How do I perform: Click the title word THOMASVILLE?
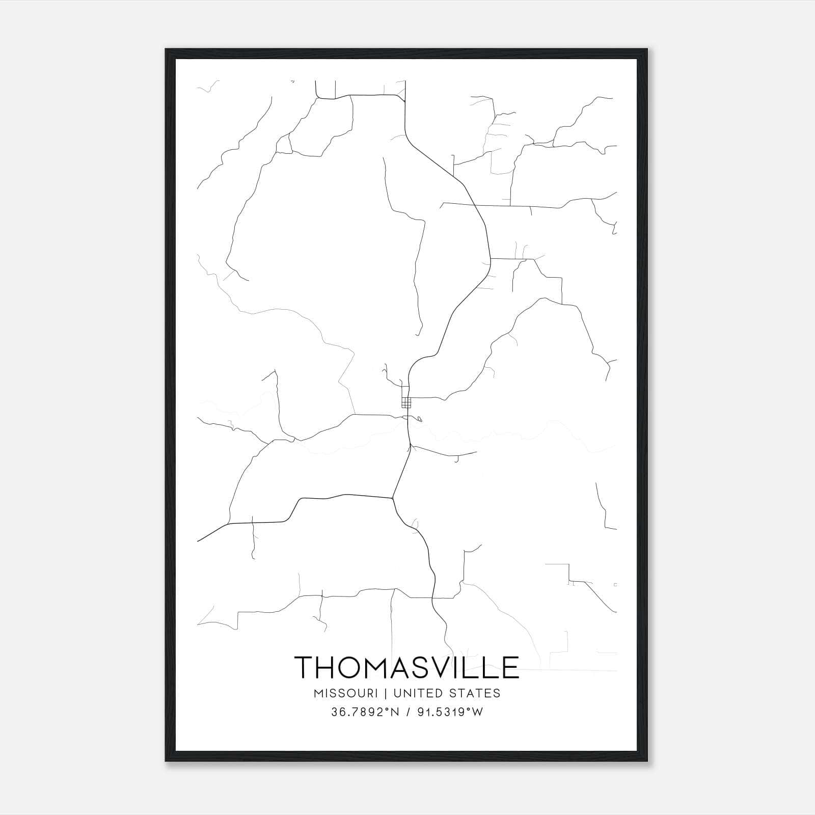pyautogui.click(x=406, y=667)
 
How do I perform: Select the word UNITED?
pyautogui.click(x=420, y=693)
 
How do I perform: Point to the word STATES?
pyautogui.click(x=476, y=693)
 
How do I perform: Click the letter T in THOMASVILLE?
pyautogui.click(x=306, y=667)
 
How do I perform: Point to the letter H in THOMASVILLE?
pyautogui.click(x=330, y=667)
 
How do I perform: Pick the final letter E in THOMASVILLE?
pyautogui.click(x=511, y=667)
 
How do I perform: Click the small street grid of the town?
pyautogui.click(x=406, y=403)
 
